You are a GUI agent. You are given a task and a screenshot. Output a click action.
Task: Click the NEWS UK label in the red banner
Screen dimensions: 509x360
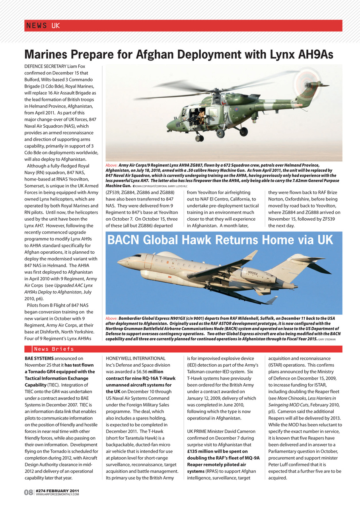click(43, 26)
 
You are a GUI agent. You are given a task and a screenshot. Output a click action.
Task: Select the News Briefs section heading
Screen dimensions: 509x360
click(54, 349)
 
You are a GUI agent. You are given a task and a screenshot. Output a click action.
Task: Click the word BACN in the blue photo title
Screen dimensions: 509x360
click(123, 240)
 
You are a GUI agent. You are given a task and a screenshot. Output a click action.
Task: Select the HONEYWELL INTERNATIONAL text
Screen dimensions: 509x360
click(136, 359)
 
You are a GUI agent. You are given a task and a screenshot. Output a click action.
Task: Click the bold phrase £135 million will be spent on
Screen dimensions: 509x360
click(217, 451)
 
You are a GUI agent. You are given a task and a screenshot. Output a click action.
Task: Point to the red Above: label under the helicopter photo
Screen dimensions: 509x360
click(111, 165)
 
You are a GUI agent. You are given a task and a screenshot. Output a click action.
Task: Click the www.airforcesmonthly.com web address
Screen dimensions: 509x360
click(57, 494)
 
